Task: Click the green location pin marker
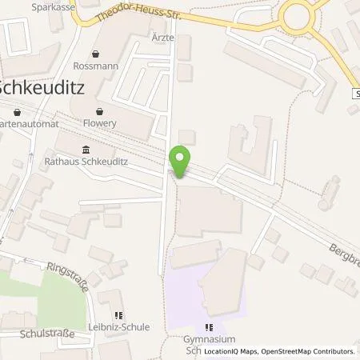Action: pos(181,161)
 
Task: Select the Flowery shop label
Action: pos(100,124)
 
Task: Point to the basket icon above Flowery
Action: pos(100,112)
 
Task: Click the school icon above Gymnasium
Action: pos(209,326)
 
